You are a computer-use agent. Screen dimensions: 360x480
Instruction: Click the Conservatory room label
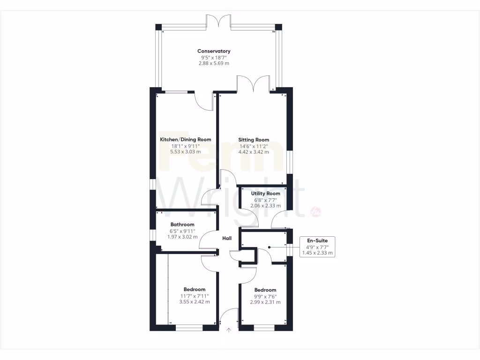pos(214,51)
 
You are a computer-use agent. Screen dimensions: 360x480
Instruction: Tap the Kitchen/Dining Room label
pos(186,140)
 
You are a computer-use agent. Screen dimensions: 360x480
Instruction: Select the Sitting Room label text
pos(254,140)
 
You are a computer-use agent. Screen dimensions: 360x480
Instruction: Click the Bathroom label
pos(182,225)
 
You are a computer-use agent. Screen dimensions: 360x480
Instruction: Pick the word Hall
pos(227,239)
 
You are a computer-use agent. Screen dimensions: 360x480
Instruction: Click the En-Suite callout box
pos(317,247)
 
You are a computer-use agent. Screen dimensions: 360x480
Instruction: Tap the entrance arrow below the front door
pos(229,330)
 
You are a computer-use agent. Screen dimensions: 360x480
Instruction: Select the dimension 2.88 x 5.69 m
pos(214,63)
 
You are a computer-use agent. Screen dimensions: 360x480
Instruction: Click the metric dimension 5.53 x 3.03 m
pos(186,152)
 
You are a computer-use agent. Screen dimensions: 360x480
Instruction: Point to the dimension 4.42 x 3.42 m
pos(254,152)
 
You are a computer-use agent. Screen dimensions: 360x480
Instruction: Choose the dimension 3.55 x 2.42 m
pos(195,302)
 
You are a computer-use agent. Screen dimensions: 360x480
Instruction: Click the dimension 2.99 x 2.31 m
pos(265,302)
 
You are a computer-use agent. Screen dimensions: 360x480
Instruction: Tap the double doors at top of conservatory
pos(218,21)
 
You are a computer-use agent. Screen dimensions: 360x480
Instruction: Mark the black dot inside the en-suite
pos(270,247)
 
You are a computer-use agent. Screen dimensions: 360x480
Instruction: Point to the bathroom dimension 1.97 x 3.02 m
pos(182,237)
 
